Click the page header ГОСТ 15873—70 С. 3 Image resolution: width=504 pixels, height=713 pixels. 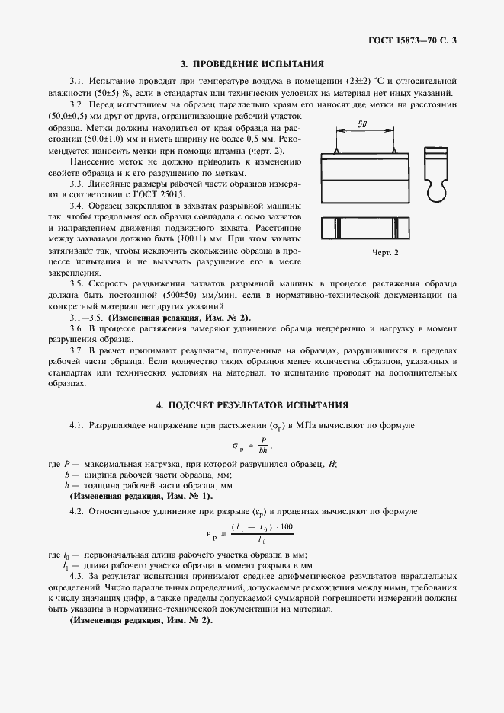[x=411, y=39]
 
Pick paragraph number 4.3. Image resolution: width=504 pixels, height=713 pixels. [x=77, y=577]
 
